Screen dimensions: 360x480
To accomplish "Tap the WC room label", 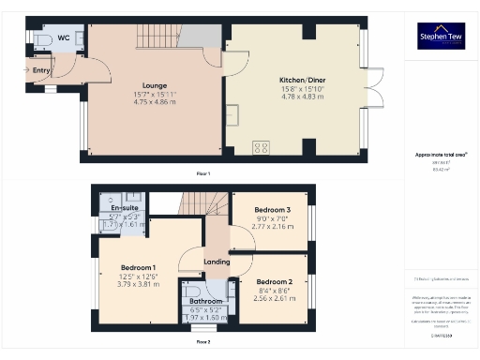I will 64,37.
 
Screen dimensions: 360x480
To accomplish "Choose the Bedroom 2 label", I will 275,281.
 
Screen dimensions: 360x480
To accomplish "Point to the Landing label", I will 217,262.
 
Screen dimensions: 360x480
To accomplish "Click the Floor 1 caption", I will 203,173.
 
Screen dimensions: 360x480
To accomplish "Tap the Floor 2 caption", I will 203,342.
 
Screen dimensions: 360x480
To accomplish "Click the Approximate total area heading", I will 441,155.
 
